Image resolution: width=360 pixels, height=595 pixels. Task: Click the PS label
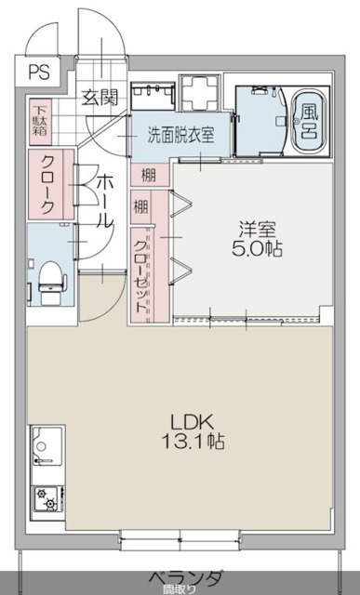tap(40, 70)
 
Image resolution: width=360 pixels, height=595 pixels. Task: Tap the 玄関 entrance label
tap(98, 94)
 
